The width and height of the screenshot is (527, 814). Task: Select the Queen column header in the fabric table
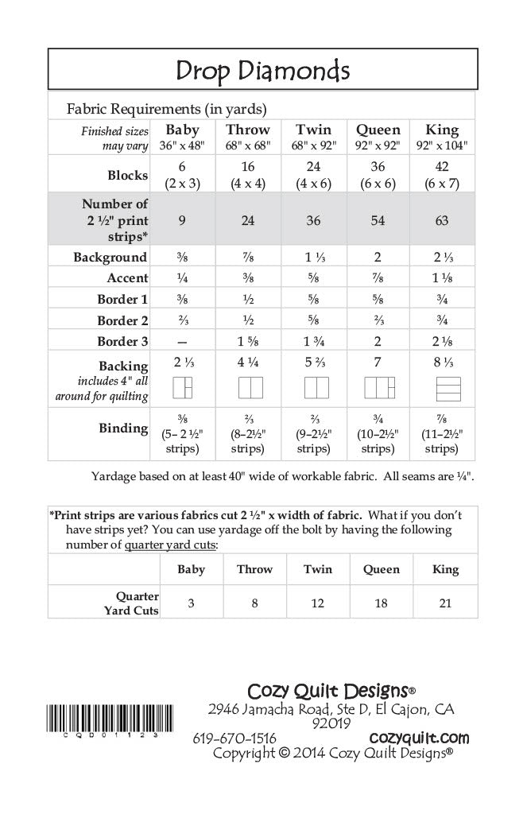[x=378, y=130]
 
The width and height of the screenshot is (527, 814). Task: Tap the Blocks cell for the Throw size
[x=248, y=174]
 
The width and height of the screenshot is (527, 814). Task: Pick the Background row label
[x=110, y=258]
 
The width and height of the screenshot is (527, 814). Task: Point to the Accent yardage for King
[x=442, y=278]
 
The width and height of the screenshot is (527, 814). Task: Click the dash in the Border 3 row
[x=183, y=341]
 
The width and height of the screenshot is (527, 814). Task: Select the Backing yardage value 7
[x=378, y=362]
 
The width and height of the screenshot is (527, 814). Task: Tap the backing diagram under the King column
[x=442, y=388]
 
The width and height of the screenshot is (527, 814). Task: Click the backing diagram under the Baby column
[x=183, y=388]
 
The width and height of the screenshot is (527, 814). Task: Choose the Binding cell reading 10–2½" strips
[x=378, y=434]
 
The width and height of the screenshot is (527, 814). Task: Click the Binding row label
[x=123, y=428]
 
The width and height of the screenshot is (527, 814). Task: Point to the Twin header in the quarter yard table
[x=318, y=569]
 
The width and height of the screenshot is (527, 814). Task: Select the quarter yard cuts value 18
[x=381, y=603]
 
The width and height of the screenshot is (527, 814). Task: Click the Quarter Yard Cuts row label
[x=138, y=603]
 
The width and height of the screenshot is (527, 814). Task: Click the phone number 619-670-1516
[x=234, y=738]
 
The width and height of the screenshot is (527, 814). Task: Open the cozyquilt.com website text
[x=419, y=738]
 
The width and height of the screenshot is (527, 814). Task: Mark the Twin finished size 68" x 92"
[x=313, y=146]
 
